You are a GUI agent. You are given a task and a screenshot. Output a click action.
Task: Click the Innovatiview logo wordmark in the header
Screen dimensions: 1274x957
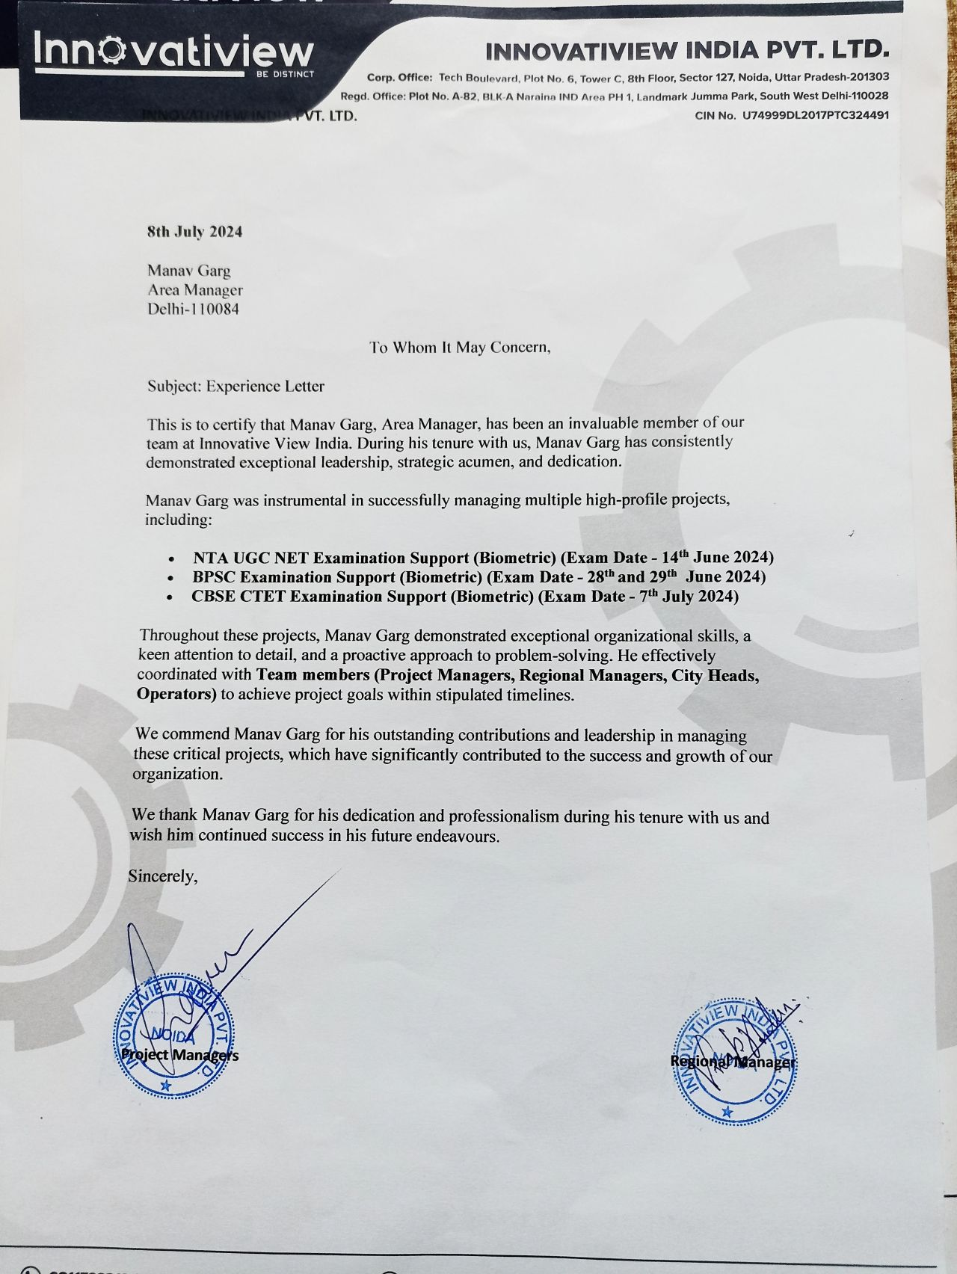click(173, 53)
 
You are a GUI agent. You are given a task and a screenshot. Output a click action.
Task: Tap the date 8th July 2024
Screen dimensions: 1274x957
click(194, 232)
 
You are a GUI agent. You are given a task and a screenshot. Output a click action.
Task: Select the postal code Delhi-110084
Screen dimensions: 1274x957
click(193, 309)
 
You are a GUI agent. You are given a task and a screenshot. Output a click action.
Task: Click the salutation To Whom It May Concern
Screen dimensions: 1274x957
click(460, 348)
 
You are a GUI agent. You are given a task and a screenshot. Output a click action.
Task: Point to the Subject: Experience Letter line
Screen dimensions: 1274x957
click(236, 387)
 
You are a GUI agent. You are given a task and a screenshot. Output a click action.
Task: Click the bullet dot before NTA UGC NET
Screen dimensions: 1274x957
click(173, 559)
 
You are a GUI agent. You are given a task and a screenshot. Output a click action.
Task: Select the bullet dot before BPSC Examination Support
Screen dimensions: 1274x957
click(173, 579)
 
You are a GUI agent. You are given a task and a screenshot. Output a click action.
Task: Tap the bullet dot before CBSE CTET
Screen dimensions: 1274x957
click(173, 598)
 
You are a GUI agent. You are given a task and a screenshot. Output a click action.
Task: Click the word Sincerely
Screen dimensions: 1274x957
click(163, 876)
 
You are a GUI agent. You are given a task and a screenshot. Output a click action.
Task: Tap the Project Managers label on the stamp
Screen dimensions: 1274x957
click(179, 1055)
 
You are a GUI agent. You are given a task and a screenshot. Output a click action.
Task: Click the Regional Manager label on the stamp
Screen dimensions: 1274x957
click(733, 1062)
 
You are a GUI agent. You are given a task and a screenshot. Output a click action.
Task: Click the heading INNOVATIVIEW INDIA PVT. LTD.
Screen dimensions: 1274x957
click(687, 51)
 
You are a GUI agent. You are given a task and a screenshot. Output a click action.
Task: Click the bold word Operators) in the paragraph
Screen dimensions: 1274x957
click(176, 694)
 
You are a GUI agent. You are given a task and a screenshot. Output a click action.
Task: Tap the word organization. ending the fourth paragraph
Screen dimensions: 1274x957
click(177, 774)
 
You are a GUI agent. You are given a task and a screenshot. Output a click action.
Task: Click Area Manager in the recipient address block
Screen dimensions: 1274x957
click(194, 289)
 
